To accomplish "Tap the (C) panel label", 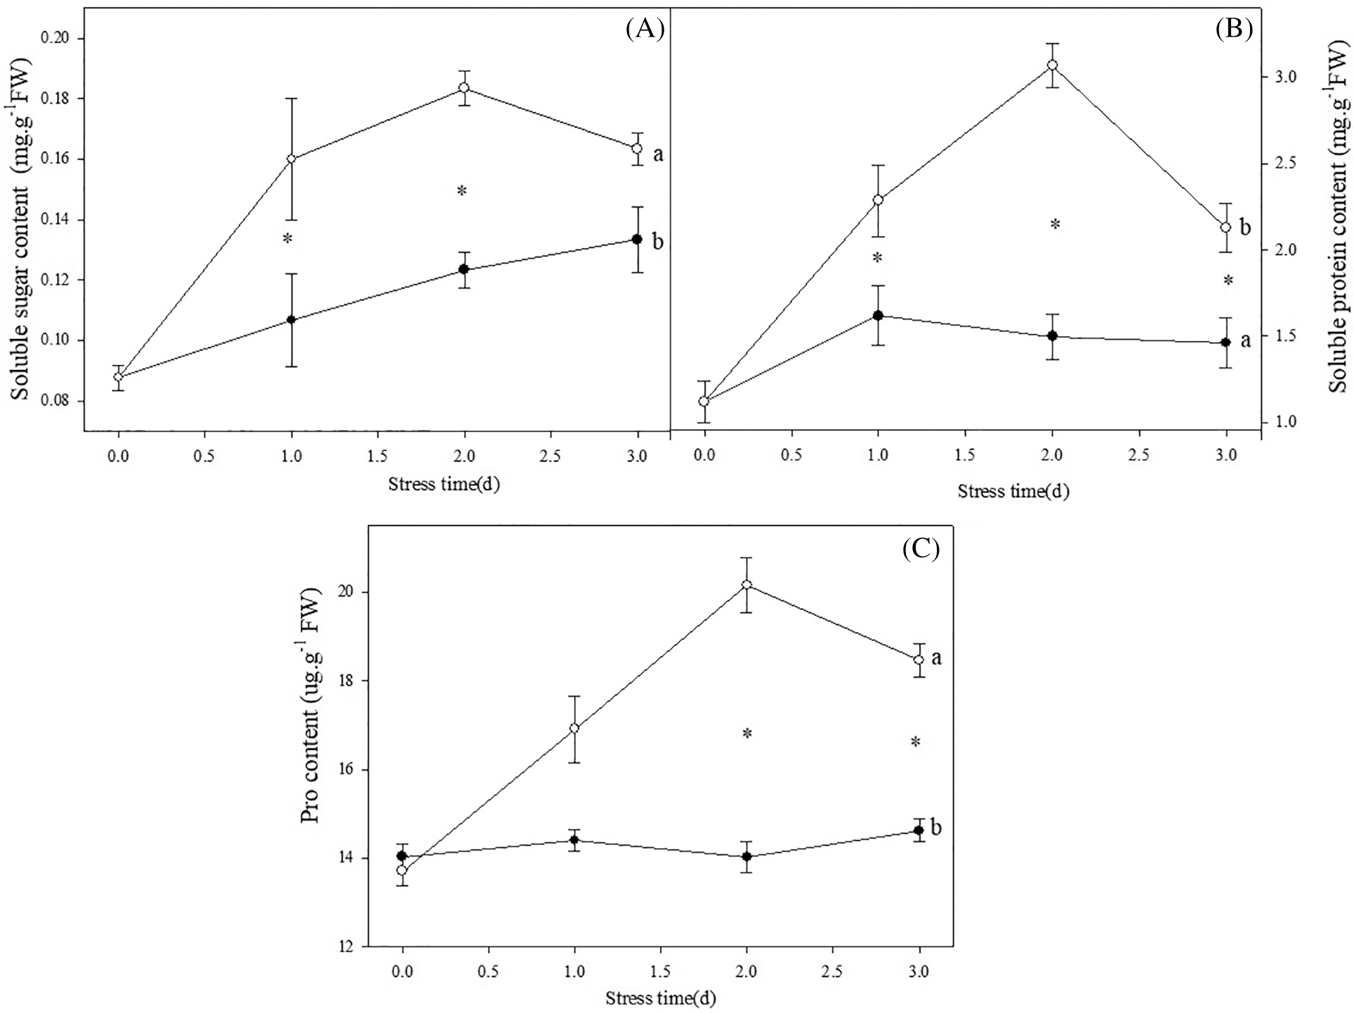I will tap(920, 548).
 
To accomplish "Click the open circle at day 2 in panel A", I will tap(464, 88).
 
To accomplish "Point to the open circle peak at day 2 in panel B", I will tap(1052, 65).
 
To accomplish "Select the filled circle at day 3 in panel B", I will tap(1226, 343).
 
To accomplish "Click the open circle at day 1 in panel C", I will tap(574, 728).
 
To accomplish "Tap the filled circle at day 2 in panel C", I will tap(747, 856).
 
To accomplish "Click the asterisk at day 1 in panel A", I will tap(287, 239).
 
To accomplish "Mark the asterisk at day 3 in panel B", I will tap(1228, 281).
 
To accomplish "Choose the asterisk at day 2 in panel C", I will tap(747, 734).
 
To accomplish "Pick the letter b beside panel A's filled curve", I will tap(657, 242).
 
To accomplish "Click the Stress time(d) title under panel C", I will tap(661, 998).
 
